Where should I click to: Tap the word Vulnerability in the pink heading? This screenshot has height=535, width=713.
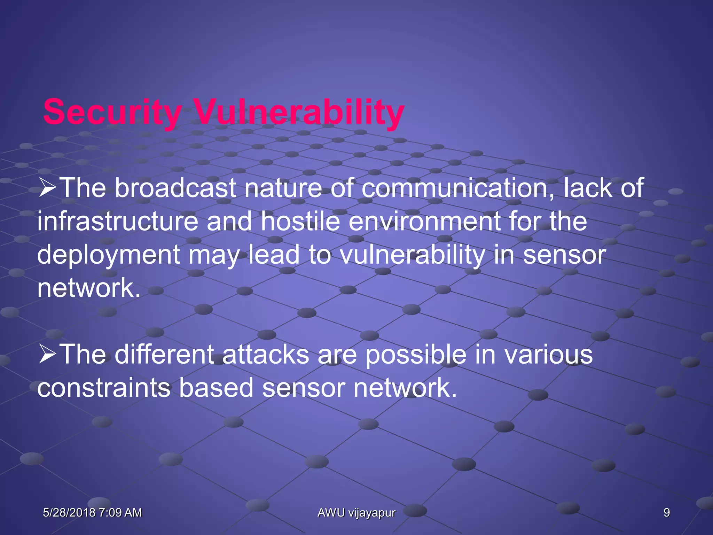click(299, 112)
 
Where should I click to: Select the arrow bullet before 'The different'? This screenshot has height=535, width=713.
click(47, 354)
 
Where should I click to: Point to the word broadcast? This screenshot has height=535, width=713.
click(175, 188)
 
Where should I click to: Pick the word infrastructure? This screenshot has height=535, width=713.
click(118, 222)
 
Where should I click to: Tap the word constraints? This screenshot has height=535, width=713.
click(104, 388)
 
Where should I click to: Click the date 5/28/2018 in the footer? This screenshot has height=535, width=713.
click(69, 512)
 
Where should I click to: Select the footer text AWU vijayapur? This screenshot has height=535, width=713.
click(356, 513)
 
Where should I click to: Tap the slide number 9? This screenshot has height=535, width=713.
click(666, 512)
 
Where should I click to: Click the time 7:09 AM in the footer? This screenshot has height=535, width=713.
click(120, 512)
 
